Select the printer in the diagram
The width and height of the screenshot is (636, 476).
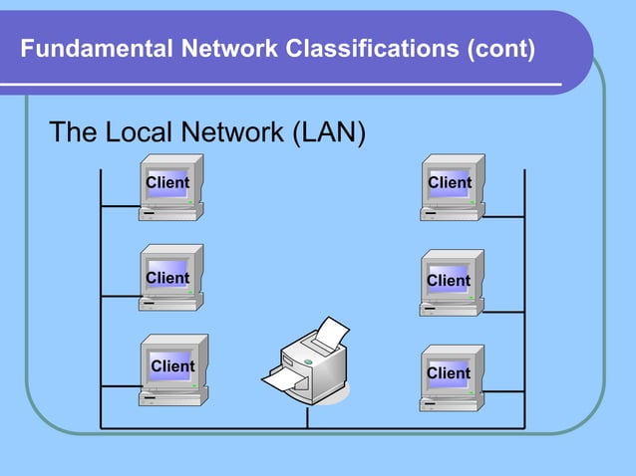tap(308, 363)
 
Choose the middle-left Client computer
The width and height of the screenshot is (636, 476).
tap(170, 278)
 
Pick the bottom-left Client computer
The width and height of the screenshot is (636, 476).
tap(172, 369)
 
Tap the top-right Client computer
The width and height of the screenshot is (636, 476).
tap(452, 187)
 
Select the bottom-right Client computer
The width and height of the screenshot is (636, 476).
tap(452, 376)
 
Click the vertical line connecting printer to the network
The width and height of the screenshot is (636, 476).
tap(307, 417)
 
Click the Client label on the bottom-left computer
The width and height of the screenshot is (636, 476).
tap(172, 366)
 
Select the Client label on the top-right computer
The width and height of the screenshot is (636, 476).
tap(450, 182)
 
